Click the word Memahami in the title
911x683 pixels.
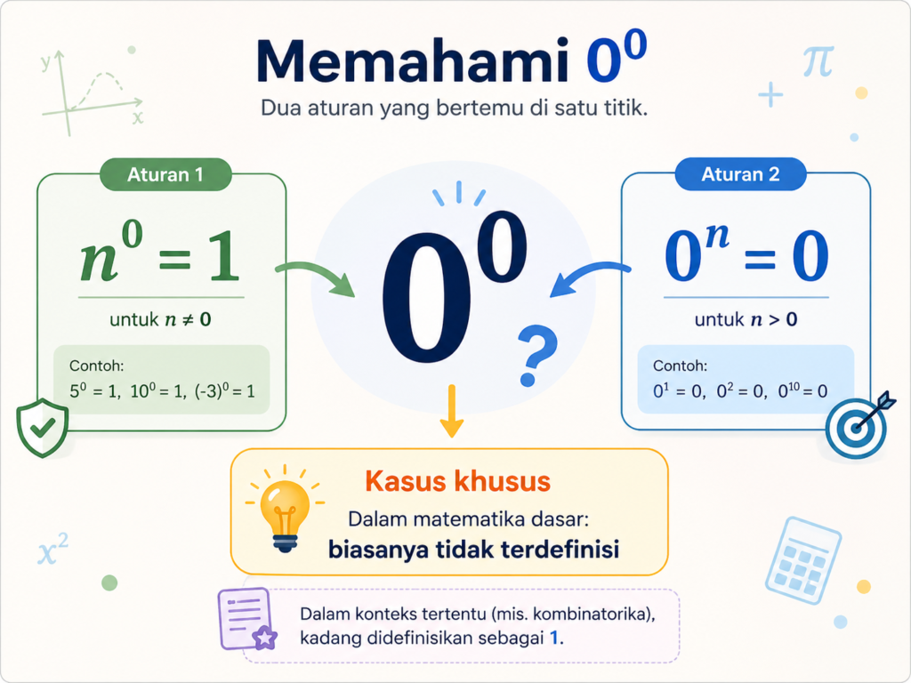tap(413, 61)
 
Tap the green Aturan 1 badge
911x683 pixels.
tap(165, 174)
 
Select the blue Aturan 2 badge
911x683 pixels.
tap(741, 174)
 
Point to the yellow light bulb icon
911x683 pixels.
tap(285, 509)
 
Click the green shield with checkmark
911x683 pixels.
tap(43, 428)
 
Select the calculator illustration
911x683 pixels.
tap(803, 560)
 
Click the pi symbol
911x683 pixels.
tap(818, 61)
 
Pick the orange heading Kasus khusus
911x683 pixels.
tap(458, 481)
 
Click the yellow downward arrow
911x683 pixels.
tap(451, 411)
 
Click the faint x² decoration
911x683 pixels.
tap(52, 550)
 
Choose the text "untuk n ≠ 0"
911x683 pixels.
tap(160, 319)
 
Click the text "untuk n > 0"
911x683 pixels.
tap(746, 319)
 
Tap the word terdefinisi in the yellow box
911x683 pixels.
tap(560, 549)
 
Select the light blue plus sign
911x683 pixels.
tap(771, 94)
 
